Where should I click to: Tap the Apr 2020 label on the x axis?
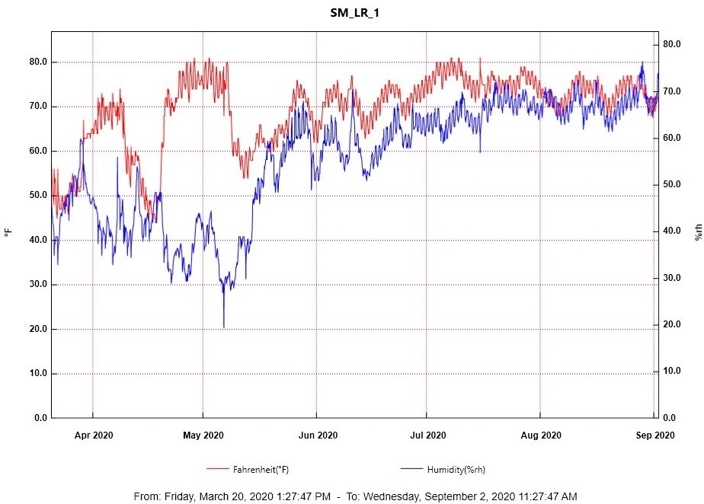point(94,435)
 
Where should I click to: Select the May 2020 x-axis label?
point(203,435)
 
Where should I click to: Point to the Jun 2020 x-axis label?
point(317,435)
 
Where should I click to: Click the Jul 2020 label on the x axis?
point(427,435)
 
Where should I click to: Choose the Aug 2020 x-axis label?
point(541,435)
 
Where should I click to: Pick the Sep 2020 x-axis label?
point(655,435)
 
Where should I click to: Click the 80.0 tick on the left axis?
point(36,62)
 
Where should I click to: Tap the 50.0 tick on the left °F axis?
point(36,196)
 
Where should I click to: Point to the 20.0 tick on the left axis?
point(36,330)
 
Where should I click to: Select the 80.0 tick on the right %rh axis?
point(670,45)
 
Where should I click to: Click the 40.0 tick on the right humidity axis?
point(670,231)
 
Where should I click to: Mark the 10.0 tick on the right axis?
point(670,372)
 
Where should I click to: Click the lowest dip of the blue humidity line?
point(224,327)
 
